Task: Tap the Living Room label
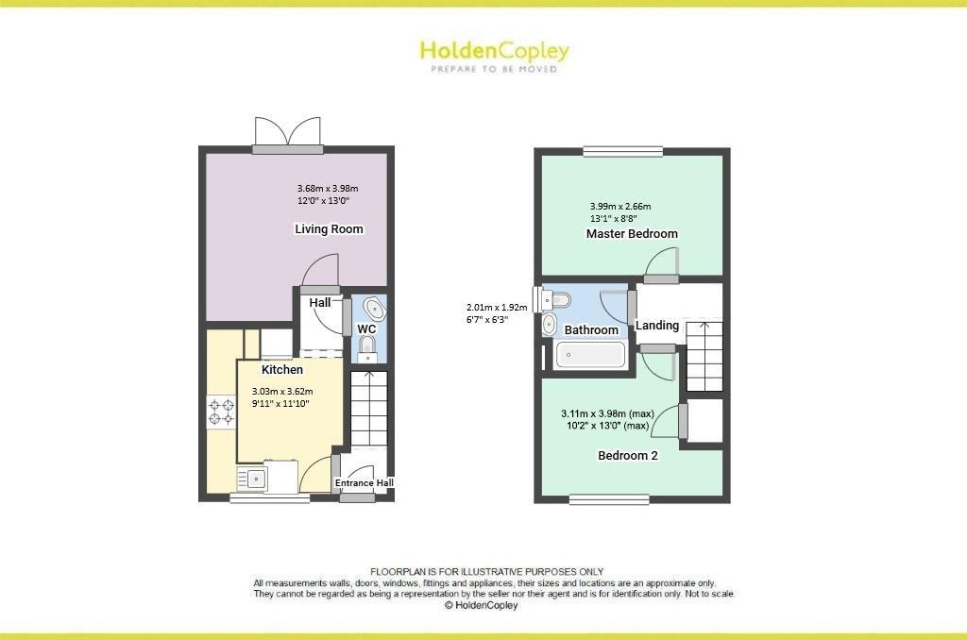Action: tap(329, 229)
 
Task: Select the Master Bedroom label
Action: tap(632, 234)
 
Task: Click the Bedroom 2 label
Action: tap(628, 455)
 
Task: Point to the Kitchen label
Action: tap(282, 370)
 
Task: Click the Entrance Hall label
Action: tap(365, 483)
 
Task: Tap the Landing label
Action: tap(657, 326)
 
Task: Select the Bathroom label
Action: tap(591, 330)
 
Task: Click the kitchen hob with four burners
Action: tap(222, 413)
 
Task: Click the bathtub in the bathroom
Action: tap(590, 356)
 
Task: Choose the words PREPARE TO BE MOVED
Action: tap(494, 69)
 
